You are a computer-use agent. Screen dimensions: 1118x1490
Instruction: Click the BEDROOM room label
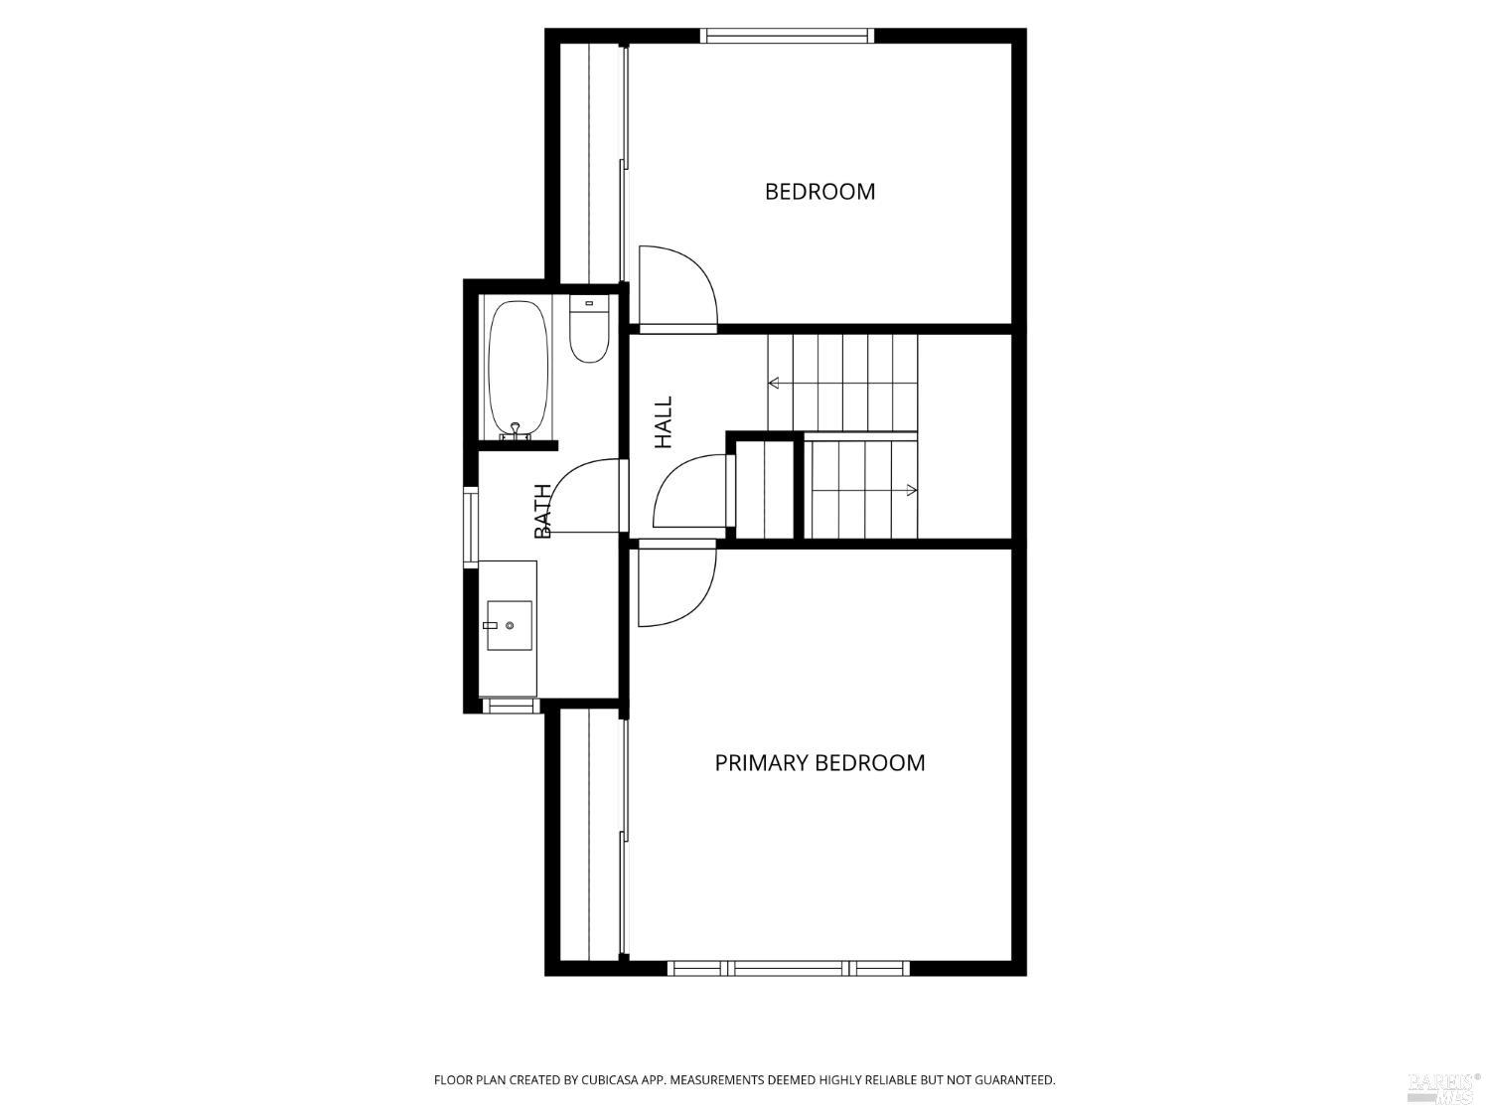click(819, 191)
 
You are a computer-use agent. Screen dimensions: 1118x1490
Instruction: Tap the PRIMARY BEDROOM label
click(819, 762)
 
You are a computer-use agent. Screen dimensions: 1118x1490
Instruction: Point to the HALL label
click(664, 422)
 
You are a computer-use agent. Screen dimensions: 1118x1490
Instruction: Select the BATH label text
click(543, 511)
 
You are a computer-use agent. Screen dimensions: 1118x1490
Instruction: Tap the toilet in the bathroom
click(589, 333)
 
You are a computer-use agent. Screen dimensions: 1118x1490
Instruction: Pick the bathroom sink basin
click(509, 625)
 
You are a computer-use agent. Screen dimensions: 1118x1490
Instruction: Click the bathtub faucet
click(515, 430)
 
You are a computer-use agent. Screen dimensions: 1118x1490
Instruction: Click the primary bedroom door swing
click(675, 586)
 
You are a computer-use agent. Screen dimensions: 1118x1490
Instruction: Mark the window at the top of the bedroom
click(788, 37)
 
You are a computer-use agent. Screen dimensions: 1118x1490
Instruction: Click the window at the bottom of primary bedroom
click(789, 968)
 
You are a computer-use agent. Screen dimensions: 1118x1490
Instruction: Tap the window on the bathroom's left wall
click(471, 527)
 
